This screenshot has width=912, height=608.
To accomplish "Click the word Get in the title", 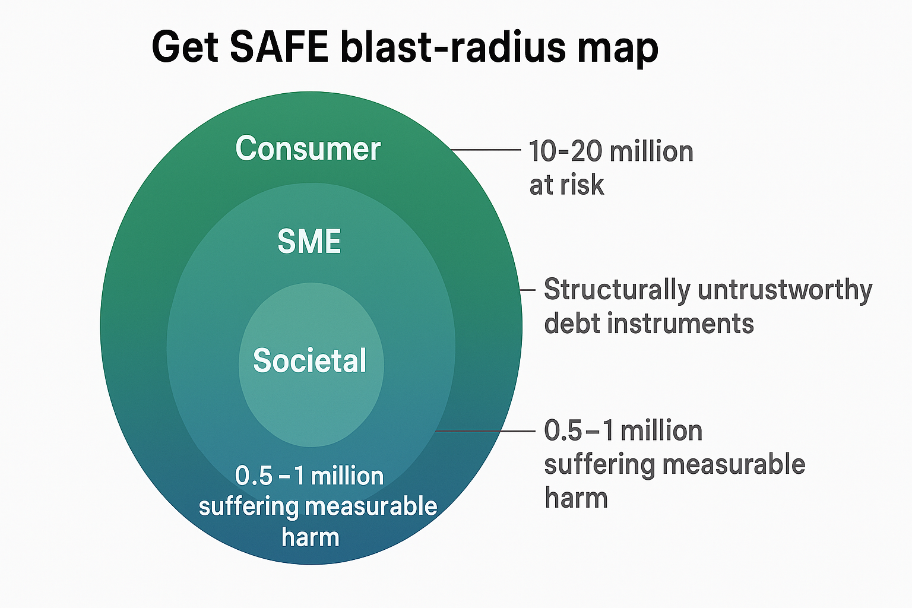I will [x=185, y=47].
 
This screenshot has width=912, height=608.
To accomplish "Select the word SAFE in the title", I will [x=279, y=47].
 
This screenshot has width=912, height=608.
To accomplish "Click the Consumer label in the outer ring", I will [x=308, y=148].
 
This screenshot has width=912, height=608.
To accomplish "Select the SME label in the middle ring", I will [x=309, y=242].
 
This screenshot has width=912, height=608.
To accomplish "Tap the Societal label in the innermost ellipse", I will [x=310, y=360].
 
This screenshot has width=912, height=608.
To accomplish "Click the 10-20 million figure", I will [x=611, y=151].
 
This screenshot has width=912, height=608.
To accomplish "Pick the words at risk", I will [x=566, y=185].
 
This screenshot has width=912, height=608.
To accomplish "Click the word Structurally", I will [x=617, y=290].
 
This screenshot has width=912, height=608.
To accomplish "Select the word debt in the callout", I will [x=571, y=324].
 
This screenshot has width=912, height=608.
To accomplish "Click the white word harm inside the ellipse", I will [x=311, y=537].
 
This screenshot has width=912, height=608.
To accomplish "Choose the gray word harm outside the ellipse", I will [x=576, y=498].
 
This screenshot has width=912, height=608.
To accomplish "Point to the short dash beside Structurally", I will [x=528, y=290].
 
